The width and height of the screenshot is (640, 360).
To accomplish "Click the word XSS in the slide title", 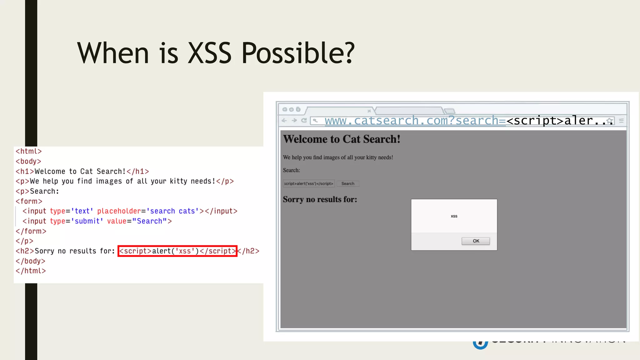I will [210, 53].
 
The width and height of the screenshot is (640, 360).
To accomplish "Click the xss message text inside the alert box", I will [454, 216].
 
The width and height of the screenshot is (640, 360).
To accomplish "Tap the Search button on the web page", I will [347, 184].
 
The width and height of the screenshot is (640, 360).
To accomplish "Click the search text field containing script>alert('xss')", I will [308, 184].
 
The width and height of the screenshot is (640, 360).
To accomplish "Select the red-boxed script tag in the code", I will [177, 251].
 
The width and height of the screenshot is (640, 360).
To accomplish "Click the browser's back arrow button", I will [284, 120].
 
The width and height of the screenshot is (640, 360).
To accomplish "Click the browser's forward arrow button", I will [294, 120].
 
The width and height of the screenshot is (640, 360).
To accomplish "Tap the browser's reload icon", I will [304, 120].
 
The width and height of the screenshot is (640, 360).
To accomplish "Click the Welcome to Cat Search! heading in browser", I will [342, 139].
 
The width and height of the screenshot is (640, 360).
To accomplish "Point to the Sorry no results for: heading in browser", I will [320, 199].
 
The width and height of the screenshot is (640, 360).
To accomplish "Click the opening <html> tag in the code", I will [29, 151].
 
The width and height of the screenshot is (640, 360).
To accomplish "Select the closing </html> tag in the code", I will [31, 271].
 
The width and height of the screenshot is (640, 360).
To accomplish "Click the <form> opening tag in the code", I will [29, 201].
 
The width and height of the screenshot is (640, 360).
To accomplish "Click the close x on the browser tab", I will [369, 111].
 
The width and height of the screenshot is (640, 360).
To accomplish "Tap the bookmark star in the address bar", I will [609, 121].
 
